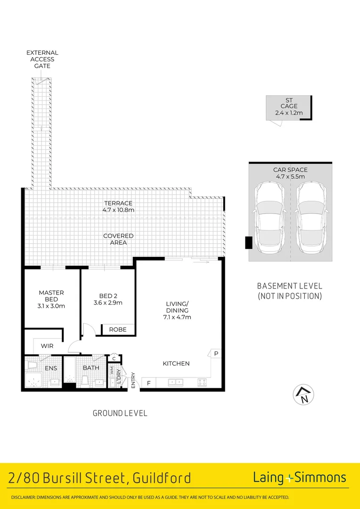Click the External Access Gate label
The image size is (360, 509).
click(42, 59)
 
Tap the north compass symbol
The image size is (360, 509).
click(304, 395)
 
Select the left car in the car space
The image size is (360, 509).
click(269, 218)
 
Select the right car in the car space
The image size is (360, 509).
click(312, 218)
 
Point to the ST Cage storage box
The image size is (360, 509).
click(289, 107)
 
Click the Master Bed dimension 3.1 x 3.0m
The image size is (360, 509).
click(51, 306)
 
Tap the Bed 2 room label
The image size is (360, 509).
click(108, 296)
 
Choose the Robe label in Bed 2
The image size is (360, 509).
click(118, 329)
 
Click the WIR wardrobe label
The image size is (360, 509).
click(47, 346)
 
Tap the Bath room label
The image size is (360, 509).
click(90, 368)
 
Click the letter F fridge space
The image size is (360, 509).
click(148, 383)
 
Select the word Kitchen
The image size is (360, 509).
click(176, 363)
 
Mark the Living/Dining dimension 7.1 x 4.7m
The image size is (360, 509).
click(177, 317)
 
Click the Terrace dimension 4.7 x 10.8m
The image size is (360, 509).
click(119, 210)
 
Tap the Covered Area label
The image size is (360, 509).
click(118, 239)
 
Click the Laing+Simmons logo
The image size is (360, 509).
click(299, 477)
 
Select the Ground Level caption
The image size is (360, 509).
click(120, 413)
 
